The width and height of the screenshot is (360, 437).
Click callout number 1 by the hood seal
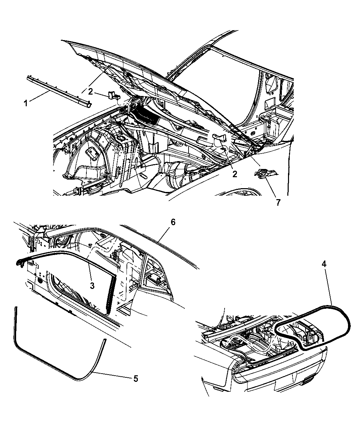(26, 103)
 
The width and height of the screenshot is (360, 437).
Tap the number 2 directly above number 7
(235, 174)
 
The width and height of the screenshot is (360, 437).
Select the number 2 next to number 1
(90, 92)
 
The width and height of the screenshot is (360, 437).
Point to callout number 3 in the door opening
(92, 286)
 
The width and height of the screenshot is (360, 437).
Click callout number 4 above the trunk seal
(324, 264)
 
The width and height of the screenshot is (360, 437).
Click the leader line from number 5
(112, 375)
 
